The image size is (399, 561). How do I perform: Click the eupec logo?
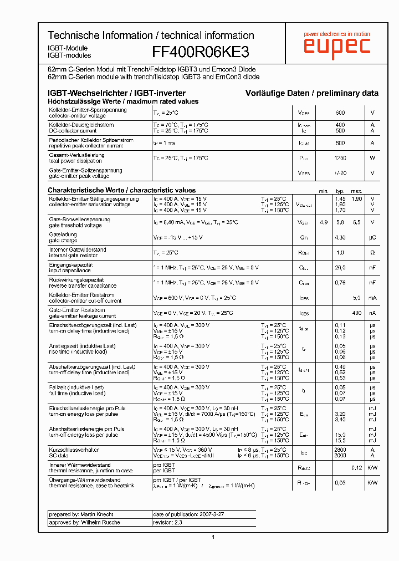coord(336,46)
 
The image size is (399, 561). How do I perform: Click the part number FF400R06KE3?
coord(200,52)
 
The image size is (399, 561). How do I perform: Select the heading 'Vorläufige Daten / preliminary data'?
coord(312,93)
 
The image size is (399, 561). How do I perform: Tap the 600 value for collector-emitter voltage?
coord(340,113)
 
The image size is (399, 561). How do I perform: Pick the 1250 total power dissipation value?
coord(340,158)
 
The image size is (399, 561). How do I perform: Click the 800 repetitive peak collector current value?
coord(340,143)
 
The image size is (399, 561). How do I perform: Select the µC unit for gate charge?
coord(373,237)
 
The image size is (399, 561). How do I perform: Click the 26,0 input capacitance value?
coord(340,268)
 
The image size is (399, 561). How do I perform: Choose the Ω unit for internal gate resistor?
coord(373,253)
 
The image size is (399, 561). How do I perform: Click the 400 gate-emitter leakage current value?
coord(357,313)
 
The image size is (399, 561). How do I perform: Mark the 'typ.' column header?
coord(340,191)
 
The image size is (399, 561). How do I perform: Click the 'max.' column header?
coord(356,191)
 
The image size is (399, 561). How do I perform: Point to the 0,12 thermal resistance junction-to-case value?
coord(357,468)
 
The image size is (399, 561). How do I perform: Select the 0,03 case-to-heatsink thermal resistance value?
coord(340,483)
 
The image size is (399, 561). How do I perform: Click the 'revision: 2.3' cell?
coord(167,522)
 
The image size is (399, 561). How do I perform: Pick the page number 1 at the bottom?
coord(213,537)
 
